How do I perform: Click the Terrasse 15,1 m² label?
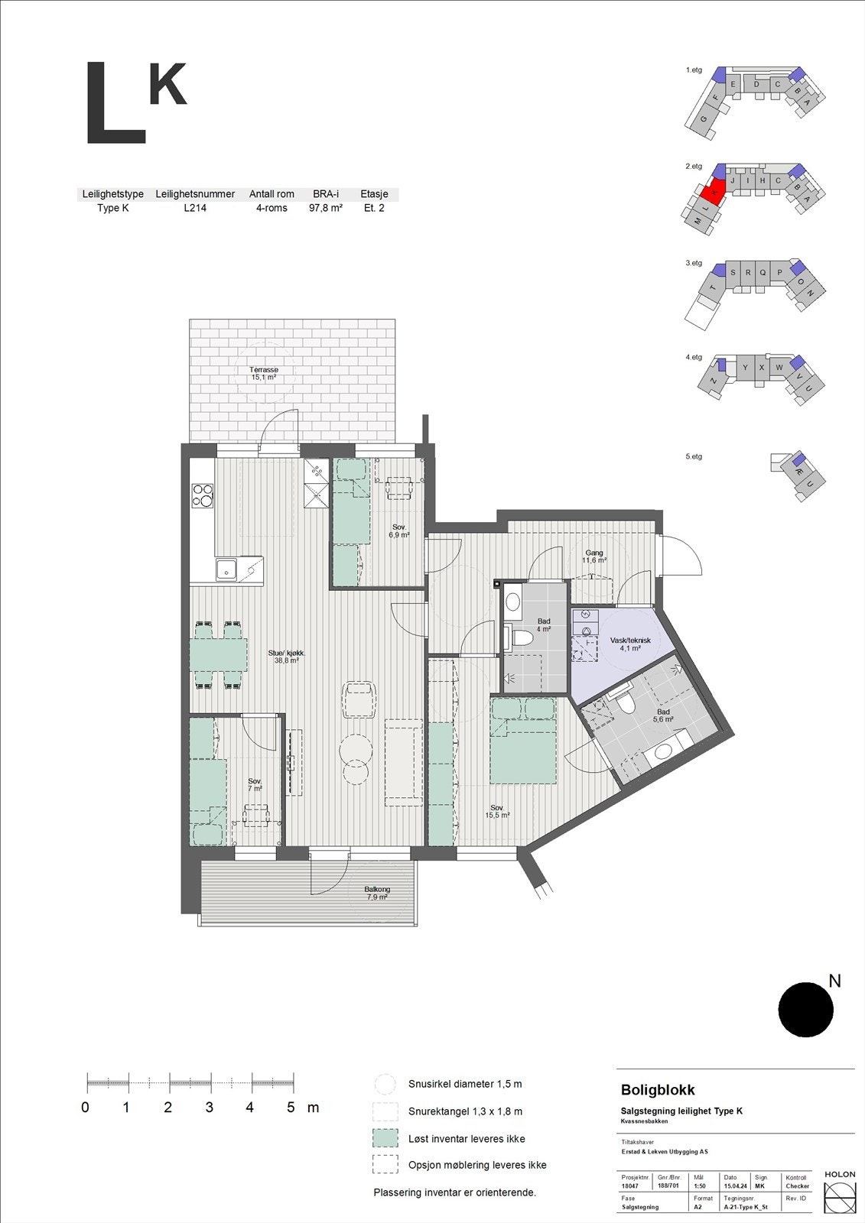coord(264,374)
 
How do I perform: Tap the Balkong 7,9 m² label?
coord(377,893)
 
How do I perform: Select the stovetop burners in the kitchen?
coord(202,495)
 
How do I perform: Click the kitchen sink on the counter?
coord(226,569)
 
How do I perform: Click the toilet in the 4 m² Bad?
coord(523,637)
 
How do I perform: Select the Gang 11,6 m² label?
coord(594,556)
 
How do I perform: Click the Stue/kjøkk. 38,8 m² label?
coord(287,657)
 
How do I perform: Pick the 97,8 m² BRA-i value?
coord(325,208)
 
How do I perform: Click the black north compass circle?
coord(805,1010)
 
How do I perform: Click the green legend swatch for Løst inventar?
coord(385,1138)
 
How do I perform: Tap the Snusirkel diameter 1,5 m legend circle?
coord(385,1084)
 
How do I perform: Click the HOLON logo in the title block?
coord(840,1192)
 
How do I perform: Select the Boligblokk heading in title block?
coord(658,1090)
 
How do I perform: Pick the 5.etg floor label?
coord(694,456)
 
